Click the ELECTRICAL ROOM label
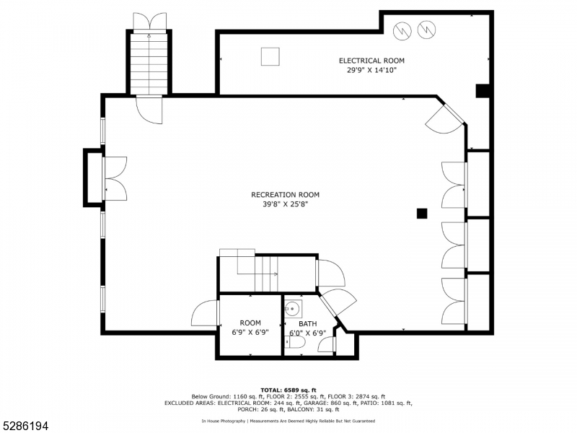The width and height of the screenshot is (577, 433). (371, 61)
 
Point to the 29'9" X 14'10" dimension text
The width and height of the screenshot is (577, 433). (371, 70)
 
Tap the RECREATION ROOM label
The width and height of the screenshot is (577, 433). (285, 195)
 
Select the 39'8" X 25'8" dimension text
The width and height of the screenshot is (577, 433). (285, 204)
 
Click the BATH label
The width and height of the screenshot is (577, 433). (308, 324)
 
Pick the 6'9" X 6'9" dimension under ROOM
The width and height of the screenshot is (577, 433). (250, 333)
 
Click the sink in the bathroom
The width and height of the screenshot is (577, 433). (292, 309)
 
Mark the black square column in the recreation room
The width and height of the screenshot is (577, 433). (422, 213)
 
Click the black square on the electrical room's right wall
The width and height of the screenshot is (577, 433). (483, 91)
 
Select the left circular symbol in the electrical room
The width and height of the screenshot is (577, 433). (402, 30)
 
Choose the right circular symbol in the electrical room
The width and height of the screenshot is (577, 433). (426, 30)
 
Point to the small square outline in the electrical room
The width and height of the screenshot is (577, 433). (270, 56)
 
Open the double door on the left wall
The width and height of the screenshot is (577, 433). (115, 178)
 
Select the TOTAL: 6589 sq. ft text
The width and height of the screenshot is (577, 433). (288, 390)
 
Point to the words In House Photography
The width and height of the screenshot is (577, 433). (223, 421)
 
